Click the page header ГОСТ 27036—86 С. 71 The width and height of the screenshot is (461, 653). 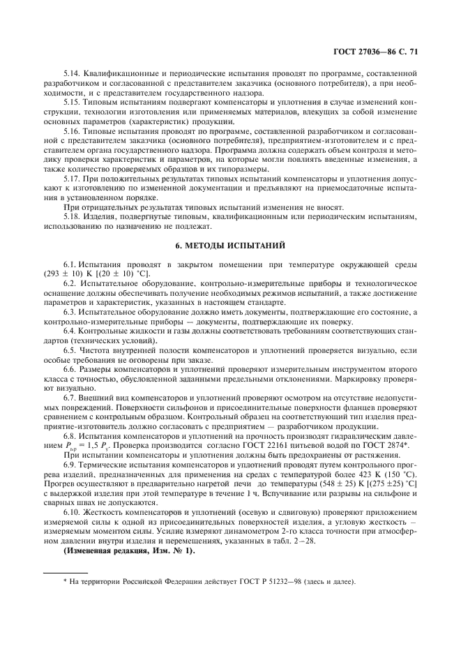(x=377, y=51)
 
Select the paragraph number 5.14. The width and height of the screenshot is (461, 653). (x=73, y=73)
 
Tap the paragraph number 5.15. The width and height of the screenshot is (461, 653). (x=73, y=101)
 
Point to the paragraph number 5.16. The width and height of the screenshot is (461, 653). (x=73, y=130)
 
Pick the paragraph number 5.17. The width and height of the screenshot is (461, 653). (x=73, y=179)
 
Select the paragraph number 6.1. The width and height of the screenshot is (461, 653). (x=70, y=265)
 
